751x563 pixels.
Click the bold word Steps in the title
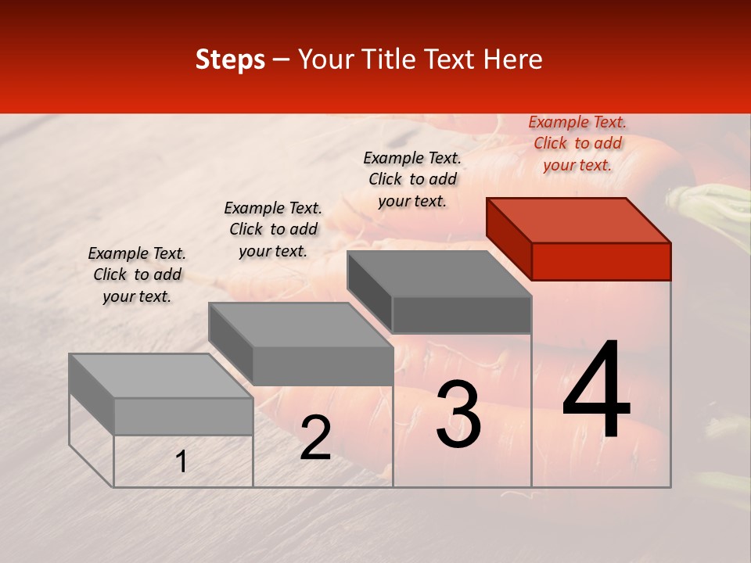[230, 59]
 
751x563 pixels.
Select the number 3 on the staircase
[458, 414]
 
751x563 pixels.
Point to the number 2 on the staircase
[315, 438]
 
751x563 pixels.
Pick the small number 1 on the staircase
[181, 462]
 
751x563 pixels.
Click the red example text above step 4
[577, 143]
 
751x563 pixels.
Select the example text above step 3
[412, 179]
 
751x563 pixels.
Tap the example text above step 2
[273, 229]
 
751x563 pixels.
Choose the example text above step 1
[137, 274]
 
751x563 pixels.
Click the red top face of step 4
[578, 220]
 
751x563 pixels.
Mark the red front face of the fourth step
[601, 261]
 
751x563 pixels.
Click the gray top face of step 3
[439, 274]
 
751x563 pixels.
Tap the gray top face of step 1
[161, 375]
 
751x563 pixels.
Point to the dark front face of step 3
[462, 314]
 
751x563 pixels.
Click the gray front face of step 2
[322, 366]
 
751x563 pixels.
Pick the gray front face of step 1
[183, 416]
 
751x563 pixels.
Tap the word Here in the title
[513, 59]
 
